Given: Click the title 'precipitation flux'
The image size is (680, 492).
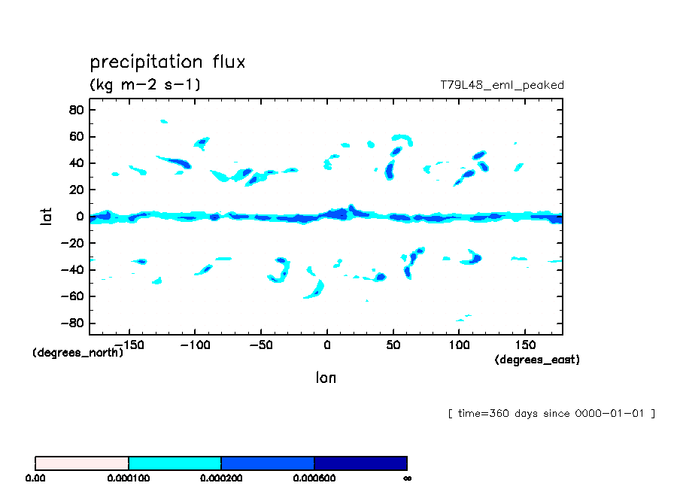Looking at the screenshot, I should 167,62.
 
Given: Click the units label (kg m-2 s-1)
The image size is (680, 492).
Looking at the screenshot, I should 145,84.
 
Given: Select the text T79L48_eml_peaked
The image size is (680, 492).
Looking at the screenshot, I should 502,85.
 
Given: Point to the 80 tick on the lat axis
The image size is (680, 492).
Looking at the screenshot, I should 74,110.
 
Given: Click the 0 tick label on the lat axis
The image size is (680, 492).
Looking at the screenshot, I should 79,217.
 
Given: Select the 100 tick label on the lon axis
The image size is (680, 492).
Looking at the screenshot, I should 459,345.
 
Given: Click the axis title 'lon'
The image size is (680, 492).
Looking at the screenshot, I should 326,378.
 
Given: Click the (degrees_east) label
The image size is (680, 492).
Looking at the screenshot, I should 537,360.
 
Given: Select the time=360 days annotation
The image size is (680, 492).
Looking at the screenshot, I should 551,413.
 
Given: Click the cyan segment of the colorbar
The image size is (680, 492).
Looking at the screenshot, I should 175,463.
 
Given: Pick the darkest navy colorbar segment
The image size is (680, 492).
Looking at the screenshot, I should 360,463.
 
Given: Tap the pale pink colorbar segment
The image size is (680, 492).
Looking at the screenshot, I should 82,463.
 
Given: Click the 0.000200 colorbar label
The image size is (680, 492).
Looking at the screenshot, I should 221,478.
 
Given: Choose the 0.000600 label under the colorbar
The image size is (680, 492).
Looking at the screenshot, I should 314,478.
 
